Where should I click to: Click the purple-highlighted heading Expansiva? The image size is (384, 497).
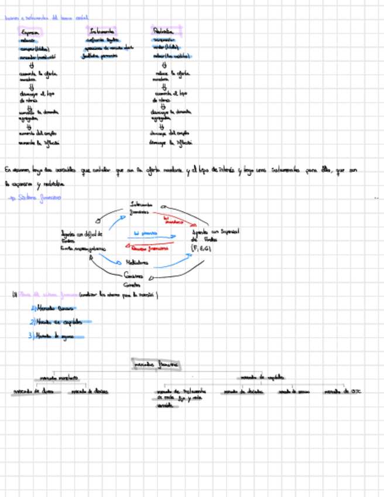(x=30, y=32)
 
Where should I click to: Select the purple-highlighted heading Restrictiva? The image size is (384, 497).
(x=162, y=31)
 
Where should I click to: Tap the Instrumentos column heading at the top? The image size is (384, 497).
(x=102, y=31)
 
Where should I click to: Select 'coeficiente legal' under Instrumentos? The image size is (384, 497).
(x=101, y=40)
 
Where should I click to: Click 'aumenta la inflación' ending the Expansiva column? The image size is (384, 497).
(x=39, y=142)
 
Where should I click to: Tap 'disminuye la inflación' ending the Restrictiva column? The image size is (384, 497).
(x=171, y=142)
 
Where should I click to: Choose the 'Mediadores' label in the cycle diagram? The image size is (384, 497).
(x=137, y=263)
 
